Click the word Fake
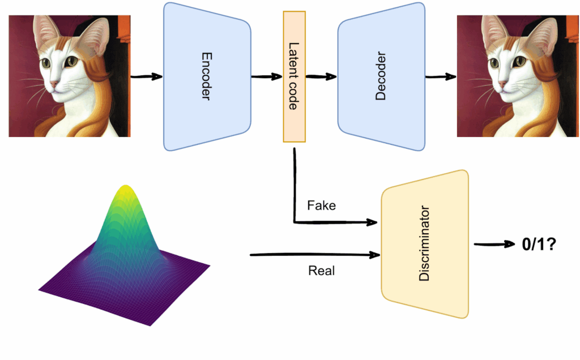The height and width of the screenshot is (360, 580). pos(321,205)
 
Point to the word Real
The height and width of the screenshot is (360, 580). pos(321,271)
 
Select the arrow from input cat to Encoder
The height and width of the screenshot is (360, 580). pos(146,76)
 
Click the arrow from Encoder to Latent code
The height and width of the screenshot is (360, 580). pos(266,76)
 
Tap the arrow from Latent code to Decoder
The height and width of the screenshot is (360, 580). pos(321,76)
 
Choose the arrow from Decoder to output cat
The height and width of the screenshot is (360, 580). pos(440,76)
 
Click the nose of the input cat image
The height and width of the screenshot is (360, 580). pos(53,84)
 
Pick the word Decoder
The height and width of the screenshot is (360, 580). pos(380,76)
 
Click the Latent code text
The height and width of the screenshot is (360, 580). pos(293,76)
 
